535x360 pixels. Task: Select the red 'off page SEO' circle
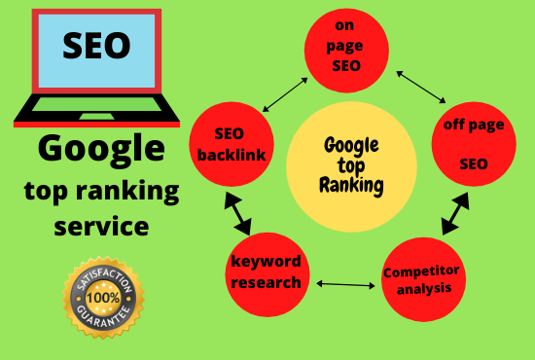coord(474,143)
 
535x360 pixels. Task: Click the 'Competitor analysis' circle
coord(422,279)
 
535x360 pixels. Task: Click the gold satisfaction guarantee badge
coord(103,291)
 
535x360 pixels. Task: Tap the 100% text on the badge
coord(103,292)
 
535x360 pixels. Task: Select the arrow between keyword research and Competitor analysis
coord(345,285)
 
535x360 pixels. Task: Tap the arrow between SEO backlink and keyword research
coord(236,209)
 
